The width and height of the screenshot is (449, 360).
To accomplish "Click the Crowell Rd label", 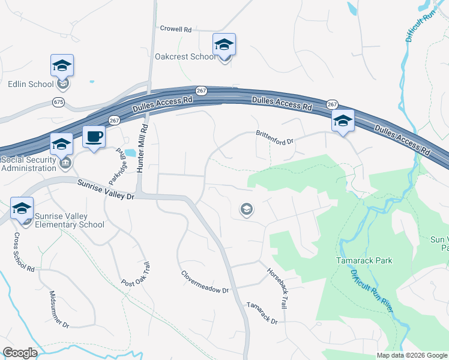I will coord(175,28).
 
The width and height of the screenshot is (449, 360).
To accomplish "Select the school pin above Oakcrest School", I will coord(224,45).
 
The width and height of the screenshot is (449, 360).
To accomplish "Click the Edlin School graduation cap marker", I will coord(62,66).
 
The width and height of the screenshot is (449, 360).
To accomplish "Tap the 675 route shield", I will coord(58,103).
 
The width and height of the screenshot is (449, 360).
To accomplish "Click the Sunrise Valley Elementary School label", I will coord(61,220).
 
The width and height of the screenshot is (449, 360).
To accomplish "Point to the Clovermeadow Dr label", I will coord(205,281).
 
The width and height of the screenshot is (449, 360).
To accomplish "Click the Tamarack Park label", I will coord(363,260).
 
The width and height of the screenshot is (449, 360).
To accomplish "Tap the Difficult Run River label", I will coord(372,290).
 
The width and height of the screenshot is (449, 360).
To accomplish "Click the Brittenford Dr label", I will coord(274,137).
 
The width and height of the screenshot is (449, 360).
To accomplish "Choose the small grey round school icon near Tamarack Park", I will coord(246,209).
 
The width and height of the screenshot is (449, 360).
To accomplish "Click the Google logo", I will coord(20,353).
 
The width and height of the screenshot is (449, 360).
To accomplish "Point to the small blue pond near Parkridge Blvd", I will coord(130,152).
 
